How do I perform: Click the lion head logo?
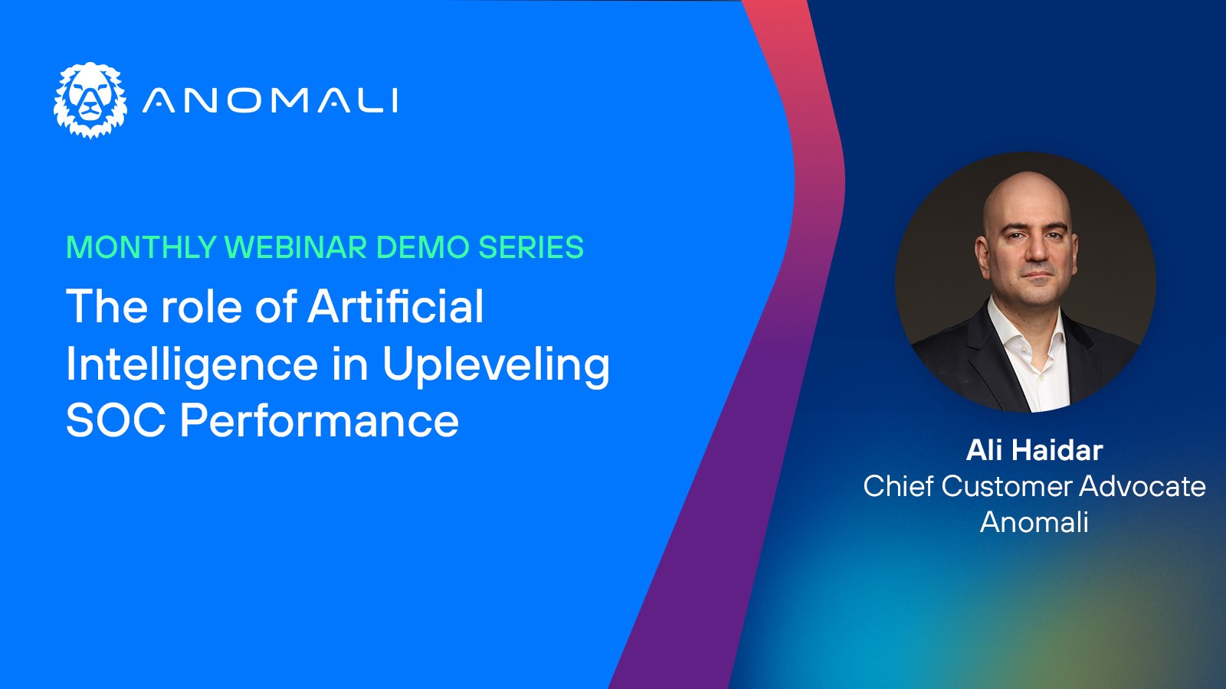(x=90, y=100)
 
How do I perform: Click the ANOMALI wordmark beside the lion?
(x=270, y=100)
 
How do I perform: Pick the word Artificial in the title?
(x=395, y=305)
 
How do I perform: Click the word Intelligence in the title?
(x=192, y=364)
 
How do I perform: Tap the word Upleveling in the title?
(x=496, y=364)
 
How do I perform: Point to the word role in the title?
(x=202, y=306)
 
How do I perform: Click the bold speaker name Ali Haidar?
(x=1034, y=450)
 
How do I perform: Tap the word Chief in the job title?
(x=898, y=485)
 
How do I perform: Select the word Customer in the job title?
(x=1007, y=486)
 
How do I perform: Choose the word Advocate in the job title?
(x=1142, y=485)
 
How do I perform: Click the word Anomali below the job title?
(x=1034, y=521)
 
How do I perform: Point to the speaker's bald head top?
(x=1027, y=191)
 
